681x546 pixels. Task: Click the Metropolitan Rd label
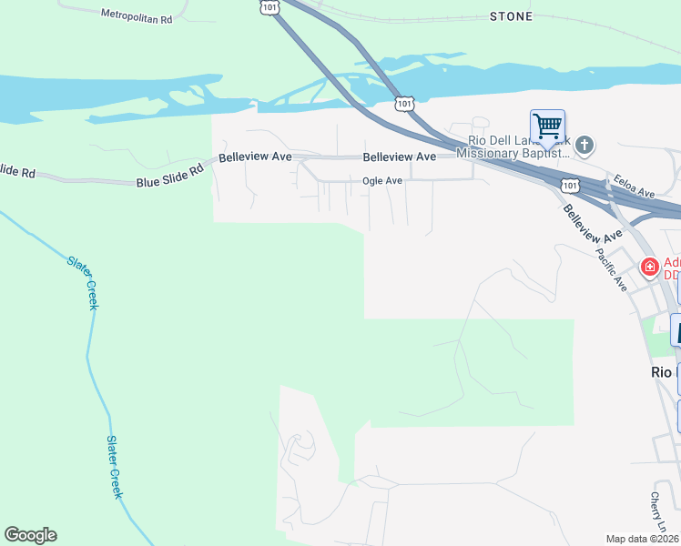(x=137, y=16)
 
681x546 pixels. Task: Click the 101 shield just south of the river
(x=404, y=104)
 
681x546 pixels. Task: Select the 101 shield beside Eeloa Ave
(x=570, y=185)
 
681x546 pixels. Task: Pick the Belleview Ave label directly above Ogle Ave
(x=400, y=157)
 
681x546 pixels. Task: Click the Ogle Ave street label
(x=382, y=181)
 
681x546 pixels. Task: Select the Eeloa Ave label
(x=635, y=187)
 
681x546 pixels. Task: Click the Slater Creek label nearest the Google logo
(x=115, y=466)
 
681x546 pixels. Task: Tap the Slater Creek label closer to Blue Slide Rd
(x=82, y=282)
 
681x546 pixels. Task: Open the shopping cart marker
(x=547, y=126)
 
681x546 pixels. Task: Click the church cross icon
(x=584, y=144)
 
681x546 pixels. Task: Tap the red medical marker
(x=650, y=267)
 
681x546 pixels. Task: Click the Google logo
(x=30, y=535)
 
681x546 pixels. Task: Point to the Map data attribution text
(x=642, y=539)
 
